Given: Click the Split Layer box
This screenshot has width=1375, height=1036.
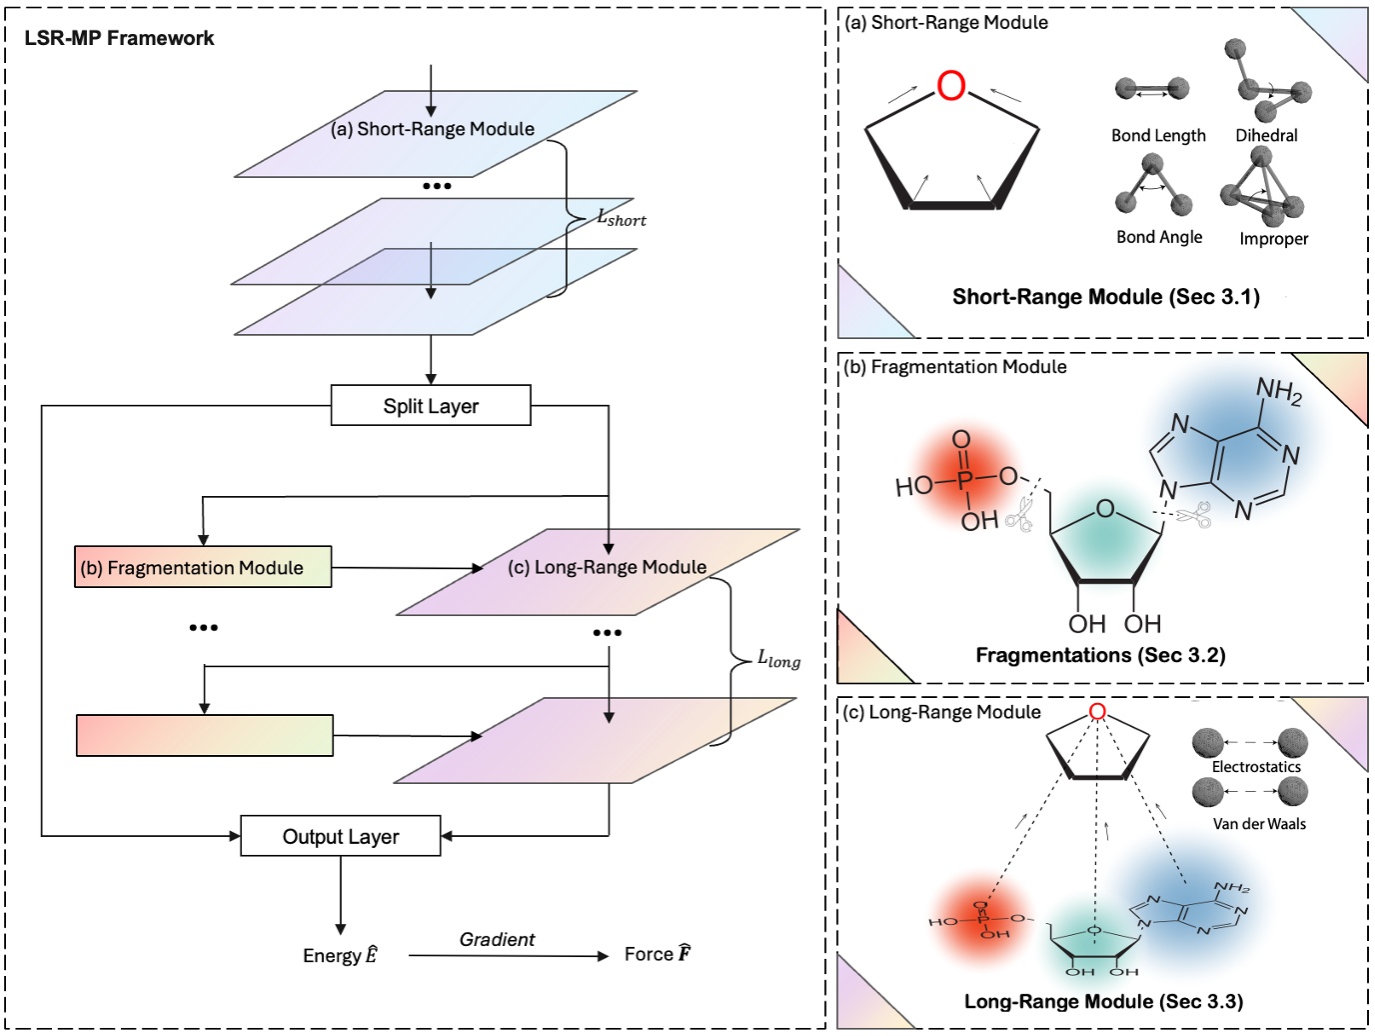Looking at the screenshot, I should pyautogui.click(x=431, y=406).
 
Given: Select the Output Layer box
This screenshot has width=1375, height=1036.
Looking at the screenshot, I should pyautogui.click(x=341, y=836).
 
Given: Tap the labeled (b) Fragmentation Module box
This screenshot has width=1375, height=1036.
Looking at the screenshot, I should pyautogui.click(x=203, y=567).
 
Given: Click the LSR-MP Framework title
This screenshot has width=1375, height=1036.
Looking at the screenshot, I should pyautogui.click(x=119, y=38).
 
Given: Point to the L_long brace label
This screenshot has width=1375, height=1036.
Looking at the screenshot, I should pyautogui.click(x=778, y=658).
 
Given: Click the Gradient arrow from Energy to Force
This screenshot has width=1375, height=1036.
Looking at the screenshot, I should pyautogui.click(x=508, y=956).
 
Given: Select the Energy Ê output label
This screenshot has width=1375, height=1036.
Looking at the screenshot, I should pyautogui.click(x=340, y=955).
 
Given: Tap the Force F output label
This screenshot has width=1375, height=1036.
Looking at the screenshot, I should pyautogui.click(x=658, y=954).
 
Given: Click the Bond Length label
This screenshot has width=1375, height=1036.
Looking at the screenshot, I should pyautogui.click(x=1158, y=135).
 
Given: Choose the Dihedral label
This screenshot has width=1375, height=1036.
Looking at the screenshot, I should pyautogui.click(x=1266, y=135).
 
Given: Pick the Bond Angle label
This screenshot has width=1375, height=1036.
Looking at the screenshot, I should pyautogui.click(x=1159, y=237).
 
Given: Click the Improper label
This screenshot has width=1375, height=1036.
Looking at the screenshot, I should pyautogui.click(x=1273, y=238).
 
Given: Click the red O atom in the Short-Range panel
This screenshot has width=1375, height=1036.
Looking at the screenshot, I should pyautogui.click(x=951, y=86).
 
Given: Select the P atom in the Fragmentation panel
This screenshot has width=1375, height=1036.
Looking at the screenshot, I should pyautogui.click(x=964, y=481).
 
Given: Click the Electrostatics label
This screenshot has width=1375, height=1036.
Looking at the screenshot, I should pyautogui.click(x=1256, y=767).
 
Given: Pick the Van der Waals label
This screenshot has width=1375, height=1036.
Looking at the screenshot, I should pyautogui.click(x=1259, y=824).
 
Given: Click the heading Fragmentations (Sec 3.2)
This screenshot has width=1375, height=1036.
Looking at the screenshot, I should pyautogui.click(x=1100, y=655).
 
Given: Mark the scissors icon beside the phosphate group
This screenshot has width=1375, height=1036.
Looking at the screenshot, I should pyautogui.click(x=1018, y=514).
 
